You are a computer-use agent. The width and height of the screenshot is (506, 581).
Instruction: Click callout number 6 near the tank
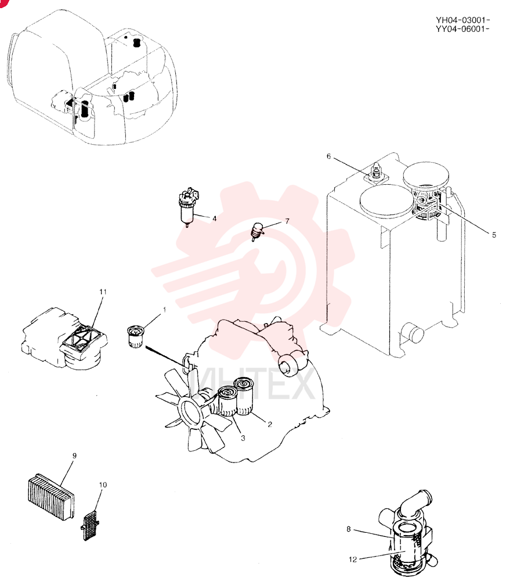[328, 156]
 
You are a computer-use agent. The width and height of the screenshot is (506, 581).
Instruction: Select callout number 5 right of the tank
[494, 235]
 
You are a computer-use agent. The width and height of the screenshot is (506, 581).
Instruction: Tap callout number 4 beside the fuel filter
[214, 218]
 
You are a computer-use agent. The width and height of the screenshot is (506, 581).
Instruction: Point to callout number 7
[287, 221]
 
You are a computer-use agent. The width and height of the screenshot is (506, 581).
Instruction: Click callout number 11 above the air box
[103, 292]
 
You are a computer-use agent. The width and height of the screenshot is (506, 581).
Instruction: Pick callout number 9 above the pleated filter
[74, 456]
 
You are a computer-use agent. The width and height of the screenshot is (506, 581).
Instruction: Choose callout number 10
[103, 485]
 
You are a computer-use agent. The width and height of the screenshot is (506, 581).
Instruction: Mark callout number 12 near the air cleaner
[353, 559]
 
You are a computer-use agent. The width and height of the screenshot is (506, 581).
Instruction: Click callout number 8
[348, 529]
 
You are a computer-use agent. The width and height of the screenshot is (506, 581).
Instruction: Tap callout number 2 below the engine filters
[270, 424]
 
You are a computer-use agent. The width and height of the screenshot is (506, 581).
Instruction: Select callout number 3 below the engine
[243, 438]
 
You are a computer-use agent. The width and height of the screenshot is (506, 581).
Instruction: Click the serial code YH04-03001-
[462, 20]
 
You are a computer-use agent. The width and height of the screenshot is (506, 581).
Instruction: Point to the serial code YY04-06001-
[462, 29]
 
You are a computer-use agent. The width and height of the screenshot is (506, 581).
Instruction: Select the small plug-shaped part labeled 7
[257, 232]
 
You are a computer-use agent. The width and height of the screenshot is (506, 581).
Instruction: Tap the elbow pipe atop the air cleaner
[414, 503]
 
